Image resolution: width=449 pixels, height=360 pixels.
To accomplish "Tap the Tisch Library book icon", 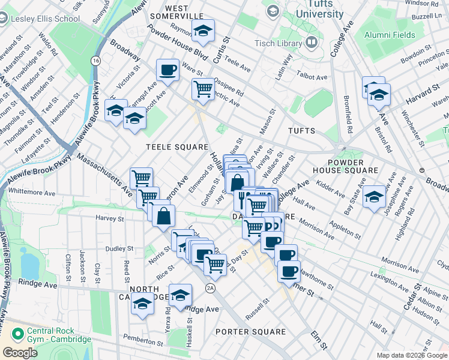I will [311, 42].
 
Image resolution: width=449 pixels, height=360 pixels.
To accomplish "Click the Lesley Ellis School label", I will [45, 19].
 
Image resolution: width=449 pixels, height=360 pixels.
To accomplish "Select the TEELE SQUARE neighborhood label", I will [178, 146].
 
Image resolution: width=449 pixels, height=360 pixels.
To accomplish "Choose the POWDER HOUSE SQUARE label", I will [355, 166].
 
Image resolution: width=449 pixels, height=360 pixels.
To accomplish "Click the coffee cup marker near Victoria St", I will [167, 70].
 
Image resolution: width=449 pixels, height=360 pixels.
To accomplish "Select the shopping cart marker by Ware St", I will [203, 89].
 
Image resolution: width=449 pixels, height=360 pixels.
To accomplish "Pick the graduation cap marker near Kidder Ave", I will [373, 196].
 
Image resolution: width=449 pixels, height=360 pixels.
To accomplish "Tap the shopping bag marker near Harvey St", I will [163, 215].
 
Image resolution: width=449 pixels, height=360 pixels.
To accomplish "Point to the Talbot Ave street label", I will [312, 77].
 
